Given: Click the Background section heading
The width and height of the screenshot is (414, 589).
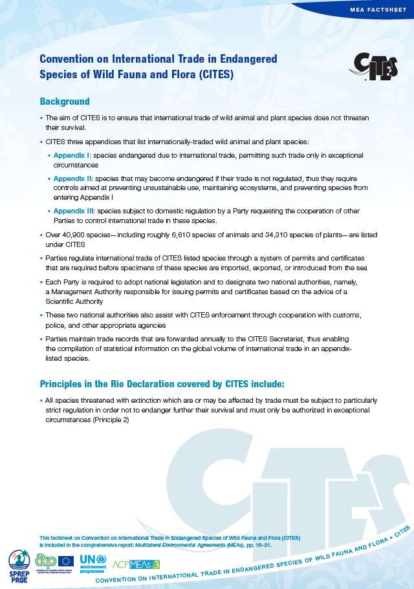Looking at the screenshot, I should point(65,102).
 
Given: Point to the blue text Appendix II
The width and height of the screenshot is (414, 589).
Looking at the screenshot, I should point(74,178).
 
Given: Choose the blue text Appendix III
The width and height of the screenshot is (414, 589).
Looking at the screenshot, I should point(75,211).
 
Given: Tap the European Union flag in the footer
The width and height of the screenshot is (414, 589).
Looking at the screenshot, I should point(65,561).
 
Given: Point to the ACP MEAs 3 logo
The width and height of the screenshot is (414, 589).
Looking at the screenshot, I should point(136,564).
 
